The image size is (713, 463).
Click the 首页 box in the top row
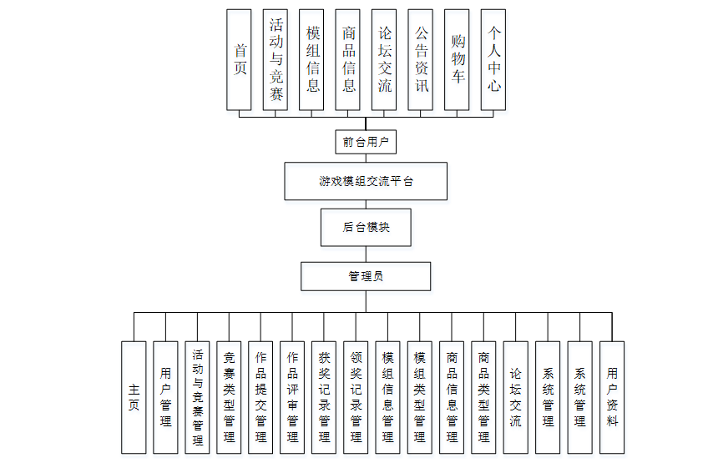point(240,60)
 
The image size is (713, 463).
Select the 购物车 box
point(458,60)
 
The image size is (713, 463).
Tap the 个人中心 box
point(494,60)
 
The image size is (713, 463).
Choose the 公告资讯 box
point(422,60)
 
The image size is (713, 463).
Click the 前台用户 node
point(366,142)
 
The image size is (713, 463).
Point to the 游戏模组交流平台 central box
point(366,181)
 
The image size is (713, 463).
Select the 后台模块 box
point(366,227)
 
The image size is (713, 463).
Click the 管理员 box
point(366,276)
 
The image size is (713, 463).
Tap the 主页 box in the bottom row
point(134,397)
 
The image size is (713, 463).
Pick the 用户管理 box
point(165,397)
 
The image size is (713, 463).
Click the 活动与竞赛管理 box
point(197,397)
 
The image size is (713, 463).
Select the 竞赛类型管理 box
point(229,397)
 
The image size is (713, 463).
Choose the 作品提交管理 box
point(260,397)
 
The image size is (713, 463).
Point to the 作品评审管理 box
point(292,397)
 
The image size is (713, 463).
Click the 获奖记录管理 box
point(324,397)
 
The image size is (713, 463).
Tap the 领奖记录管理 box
point(356,397)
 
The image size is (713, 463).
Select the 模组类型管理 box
point(420,397)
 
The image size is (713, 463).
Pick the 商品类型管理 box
point(483,397)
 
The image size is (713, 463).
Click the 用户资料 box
point(612,397)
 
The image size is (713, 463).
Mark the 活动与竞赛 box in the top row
point(276,60)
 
